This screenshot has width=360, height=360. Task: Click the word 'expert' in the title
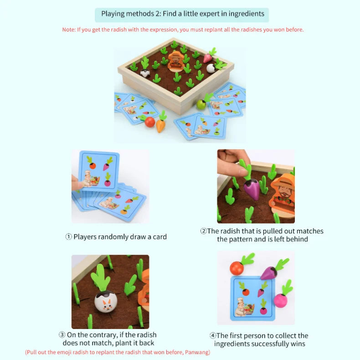click(x=198, y=14)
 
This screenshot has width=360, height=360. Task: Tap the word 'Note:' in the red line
click(x=70, y=30)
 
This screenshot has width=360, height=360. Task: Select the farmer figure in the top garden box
click(x=175, y=62)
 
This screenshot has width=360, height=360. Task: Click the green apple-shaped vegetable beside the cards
click(x=201, y=104)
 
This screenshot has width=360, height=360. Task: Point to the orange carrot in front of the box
click(x=161, y=124)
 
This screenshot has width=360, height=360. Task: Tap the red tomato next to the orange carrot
click(x=149, y=122)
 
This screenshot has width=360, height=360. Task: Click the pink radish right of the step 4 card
click(x=281, y=300)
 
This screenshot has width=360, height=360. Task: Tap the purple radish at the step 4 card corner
click(x=268, y=273)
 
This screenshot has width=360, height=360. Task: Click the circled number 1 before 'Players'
click(x=68, y=237)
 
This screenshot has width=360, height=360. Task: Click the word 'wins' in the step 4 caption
click(x=296, y=344)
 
